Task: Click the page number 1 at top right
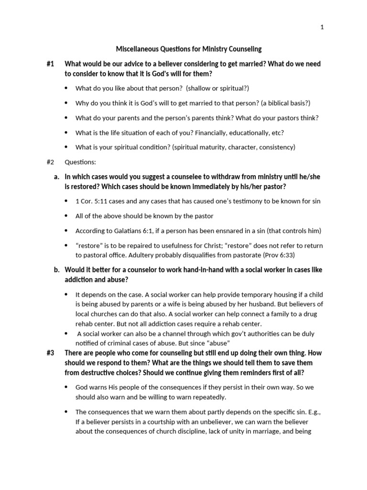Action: pyautogui.click(x=322, y=27)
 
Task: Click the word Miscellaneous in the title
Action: pyautogui.click(x=138, y=49)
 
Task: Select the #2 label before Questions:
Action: pyautogui.click(x=51, y=162)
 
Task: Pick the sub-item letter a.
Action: pyautogui.click(x=56, y=177)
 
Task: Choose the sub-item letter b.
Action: pyautogui.click(x=56, y=269)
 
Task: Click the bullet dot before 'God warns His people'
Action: pyautogui.click(x=65, y=387)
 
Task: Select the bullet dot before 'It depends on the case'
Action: pyautogui.click(x=65, y=294)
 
